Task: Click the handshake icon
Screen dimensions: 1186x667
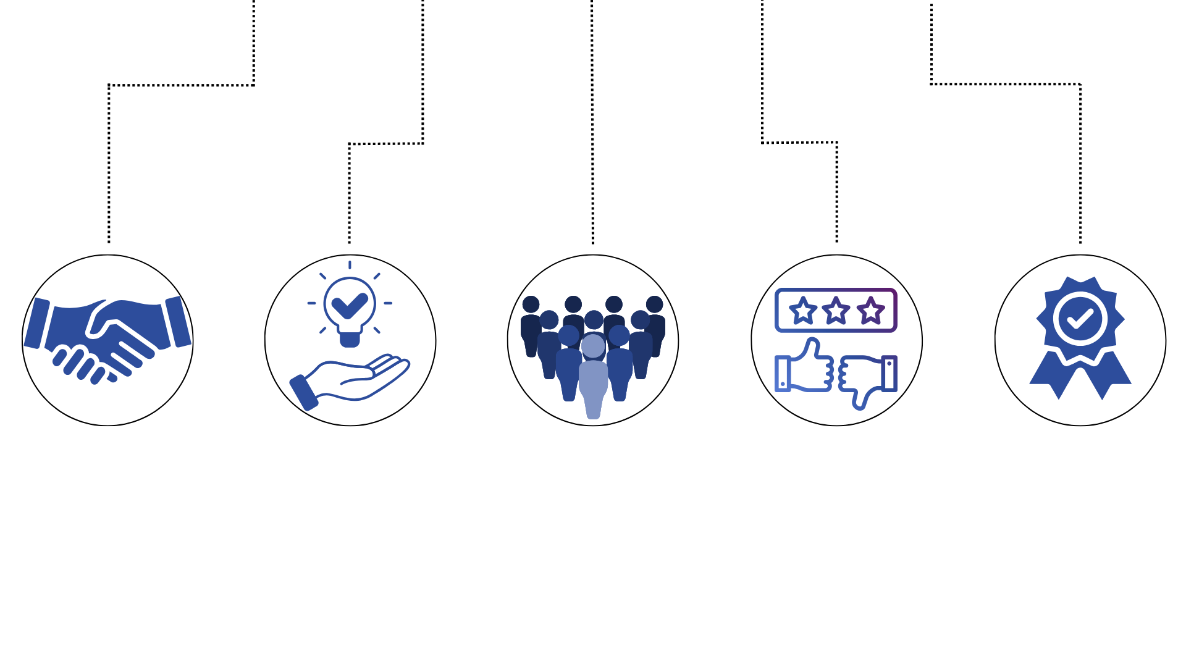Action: (107, 340)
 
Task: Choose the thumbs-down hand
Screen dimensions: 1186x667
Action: (868, 377)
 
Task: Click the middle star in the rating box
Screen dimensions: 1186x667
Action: (836, 310)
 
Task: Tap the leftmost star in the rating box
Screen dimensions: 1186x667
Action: (803, 310)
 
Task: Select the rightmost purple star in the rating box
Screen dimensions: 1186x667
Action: (871, 310)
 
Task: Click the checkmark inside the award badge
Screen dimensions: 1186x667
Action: (1080, 319)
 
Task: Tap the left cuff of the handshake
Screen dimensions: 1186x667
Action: (37, 323)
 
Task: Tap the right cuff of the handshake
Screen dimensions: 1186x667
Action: (178, 322)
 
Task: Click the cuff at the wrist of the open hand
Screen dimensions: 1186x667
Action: (303, 393)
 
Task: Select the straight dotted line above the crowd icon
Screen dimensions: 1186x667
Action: (592, 124)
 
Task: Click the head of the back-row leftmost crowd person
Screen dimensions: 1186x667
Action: (531, 304)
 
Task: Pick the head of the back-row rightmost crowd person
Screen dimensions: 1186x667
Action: (655, 304)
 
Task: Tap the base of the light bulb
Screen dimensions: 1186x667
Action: (350, 339)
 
